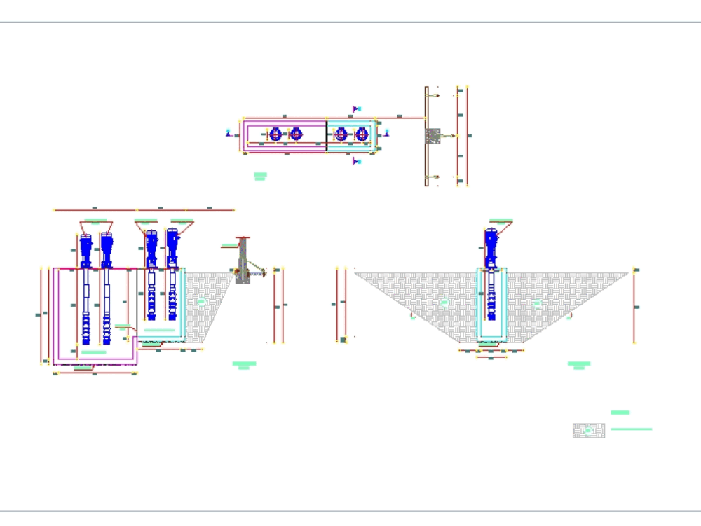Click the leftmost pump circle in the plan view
pos(275,134)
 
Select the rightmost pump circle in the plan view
pos(362,134)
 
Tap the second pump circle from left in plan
pos(296,134)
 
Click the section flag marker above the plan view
pos(356,109)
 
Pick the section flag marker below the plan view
pos(356,161)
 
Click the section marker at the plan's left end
pos(229,132)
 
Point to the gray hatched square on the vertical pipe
pos(433,136)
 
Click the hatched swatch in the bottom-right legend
pos(588,431)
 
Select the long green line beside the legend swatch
pos(631,429)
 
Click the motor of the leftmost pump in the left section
pos(86,247)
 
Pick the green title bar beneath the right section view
pos(578,364)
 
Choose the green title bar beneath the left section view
pos(244,364)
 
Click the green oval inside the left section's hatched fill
pos(202,301)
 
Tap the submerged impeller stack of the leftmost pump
pos(86,329)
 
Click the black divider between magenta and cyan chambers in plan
pos(327,134)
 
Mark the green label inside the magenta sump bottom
pos(93,352)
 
